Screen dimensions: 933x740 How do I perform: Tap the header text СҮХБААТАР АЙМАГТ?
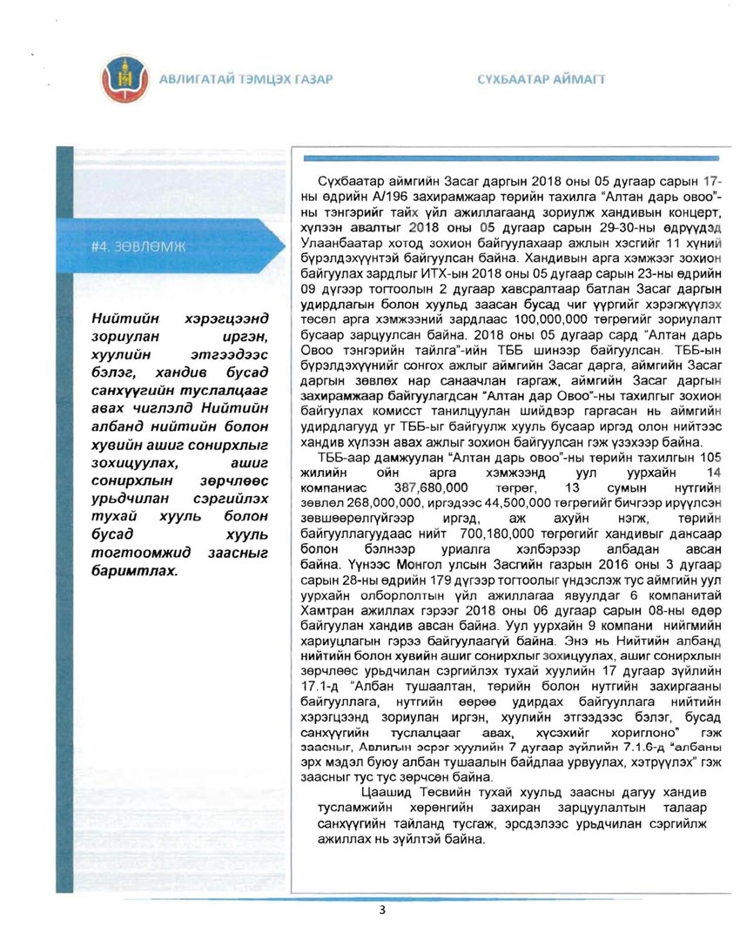pyautogui.click(x=542, y=80)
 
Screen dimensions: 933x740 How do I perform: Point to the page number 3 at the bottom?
pyautogui.click(x=381, y=910)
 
